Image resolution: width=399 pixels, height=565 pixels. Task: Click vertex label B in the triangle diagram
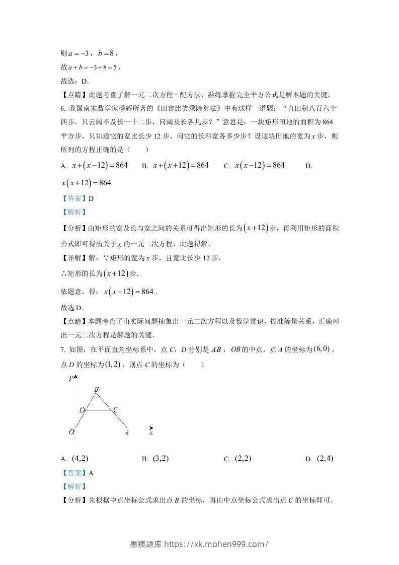pyautogui.click(x=96, y=389)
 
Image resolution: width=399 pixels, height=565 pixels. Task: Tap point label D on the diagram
pyautogui.click(x=82, y=410)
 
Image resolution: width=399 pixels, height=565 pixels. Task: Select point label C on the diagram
pyautogui.click(x=115, y=410)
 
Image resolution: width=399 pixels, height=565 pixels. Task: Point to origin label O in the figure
pyautogui.click(x=72, y=432)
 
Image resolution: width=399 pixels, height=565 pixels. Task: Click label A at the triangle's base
pyautogui.click(x=127, y=432)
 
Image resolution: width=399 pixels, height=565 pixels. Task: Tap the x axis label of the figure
pyautogui.click(x=151, y=432)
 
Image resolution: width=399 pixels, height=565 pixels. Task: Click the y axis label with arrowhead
pyautogui.click(x=73, y=377)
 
